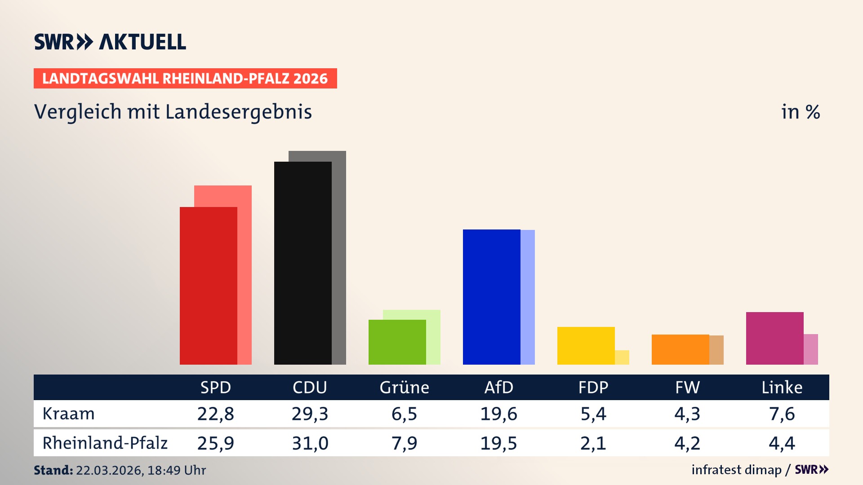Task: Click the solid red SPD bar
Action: point(208,286)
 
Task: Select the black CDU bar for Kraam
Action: point(302,263)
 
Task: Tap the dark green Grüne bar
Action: point(397,342)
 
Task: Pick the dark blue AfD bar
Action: point(491,297)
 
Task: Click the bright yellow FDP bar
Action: point(586,346)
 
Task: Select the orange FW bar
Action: point(680,349)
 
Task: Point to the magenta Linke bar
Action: point(774,338)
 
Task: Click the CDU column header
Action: point(310,388)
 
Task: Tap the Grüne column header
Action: point(404,388)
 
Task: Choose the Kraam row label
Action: point(68,414)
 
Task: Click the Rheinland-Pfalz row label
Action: point(105,443)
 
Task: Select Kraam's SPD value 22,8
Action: point(215,414)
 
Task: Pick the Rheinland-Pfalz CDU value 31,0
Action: point(310,443)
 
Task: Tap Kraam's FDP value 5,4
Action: point(593,414)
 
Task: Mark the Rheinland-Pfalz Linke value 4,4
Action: point(782,443)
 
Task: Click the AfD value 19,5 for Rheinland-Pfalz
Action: point(498,443)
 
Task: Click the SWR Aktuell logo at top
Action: point(110,42)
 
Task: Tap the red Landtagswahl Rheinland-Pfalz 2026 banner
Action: point(185,79)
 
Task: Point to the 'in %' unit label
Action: point(800,112)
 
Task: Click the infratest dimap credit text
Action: point(736,470)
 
